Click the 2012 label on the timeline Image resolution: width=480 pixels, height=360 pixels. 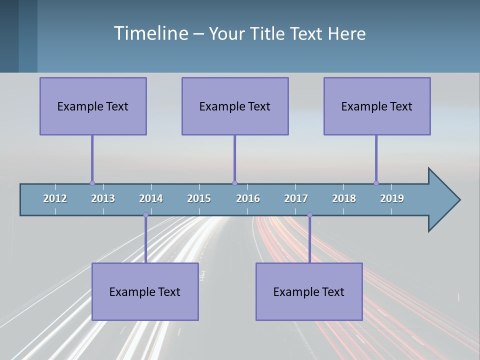tap(55, 198)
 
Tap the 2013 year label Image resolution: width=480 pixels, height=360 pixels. tap(103, 198)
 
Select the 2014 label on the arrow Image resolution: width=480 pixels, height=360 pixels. tap(151, 198)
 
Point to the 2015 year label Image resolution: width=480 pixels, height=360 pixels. tap(199, 198)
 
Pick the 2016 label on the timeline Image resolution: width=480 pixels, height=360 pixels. tap(248, 198)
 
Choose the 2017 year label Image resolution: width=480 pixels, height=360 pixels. tap(296, 198)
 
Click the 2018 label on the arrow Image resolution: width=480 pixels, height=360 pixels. tap(344, 198)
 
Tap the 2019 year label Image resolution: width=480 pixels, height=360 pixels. tap(392, 198)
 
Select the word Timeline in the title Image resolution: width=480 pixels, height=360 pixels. tap(150, 33)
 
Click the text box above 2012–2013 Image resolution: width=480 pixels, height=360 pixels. tap(93, 106)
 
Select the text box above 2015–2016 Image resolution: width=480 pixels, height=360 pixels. tap(235, 106)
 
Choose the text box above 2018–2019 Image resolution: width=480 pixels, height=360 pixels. tap(377, 106)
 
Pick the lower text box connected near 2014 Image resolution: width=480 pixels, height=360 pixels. tap(145, 291)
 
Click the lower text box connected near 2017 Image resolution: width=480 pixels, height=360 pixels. tap(309, 291)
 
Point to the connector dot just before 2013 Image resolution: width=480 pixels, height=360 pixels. tap(92, 183)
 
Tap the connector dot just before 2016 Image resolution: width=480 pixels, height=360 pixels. tap(234, 183)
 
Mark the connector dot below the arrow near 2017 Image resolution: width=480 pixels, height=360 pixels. tap(309, 215)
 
